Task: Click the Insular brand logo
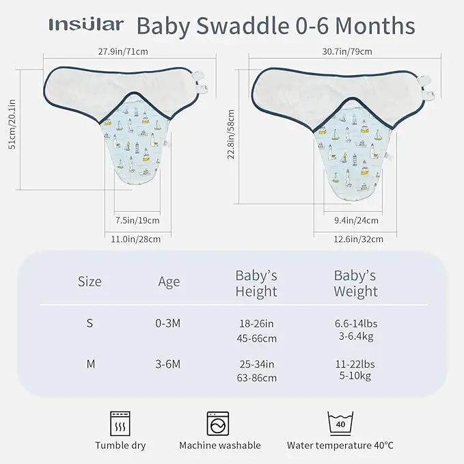click(x=86, y=25)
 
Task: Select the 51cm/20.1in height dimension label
click(x=10, y=130)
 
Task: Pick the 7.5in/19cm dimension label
click(x=137, y=220)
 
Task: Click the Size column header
click(x=90, y=282)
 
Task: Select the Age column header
click(x=169, y=282)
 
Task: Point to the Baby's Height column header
click(x=256, y=284)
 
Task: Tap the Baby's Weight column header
click(x=355, y=284)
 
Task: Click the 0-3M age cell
click(x=167, y=323)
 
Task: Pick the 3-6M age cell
click(x=167, y=364)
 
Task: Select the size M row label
click(x=90, y=364)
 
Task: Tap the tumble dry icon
click(x=120, y=424)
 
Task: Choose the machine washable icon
click(x=219, y=424)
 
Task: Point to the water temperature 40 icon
click(x=340, y=424)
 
